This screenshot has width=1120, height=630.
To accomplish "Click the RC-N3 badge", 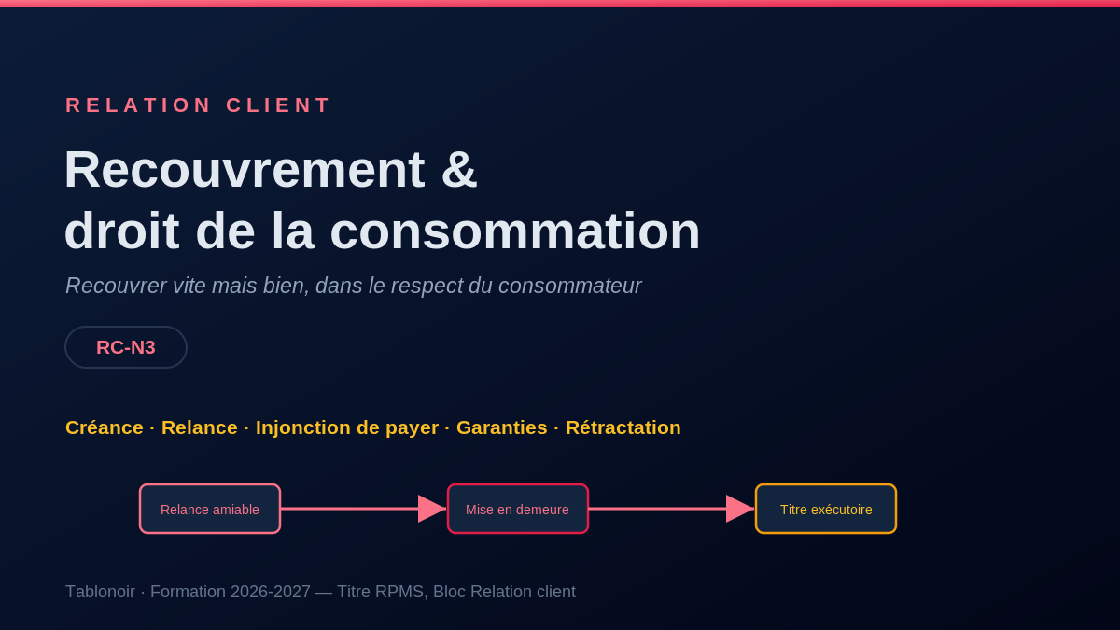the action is [x=126, y=347].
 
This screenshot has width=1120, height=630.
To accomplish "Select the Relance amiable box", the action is [x=210, y=509].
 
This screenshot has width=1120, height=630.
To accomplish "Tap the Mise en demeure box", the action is [x=517, y=509].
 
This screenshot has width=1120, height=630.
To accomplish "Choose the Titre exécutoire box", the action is [x=826, y=509].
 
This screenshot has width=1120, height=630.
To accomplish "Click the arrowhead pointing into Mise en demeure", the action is [x=432, y=509].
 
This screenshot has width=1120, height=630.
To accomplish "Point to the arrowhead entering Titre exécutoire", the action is [x=740, y=509].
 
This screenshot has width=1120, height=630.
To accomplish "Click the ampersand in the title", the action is [x=459, y=170].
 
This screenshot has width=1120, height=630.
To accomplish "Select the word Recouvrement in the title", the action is [x=245, y=170].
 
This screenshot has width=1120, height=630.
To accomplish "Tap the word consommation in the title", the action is [x=515, y=231].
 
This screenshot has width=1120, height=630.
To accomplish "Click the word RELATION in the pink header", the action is [x=138, y=105].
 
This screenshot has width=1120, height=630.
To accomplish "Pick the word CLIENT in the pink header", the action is [x=277, y=105].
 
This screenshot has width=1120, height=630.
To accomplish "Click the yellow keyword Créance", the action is [x=105, y=427].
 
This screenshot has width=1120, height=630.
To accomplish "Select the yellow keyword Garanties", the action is [x=501, y=427].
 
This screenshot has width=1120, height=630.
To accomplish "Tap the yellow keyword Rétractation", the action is [x=623, y=427].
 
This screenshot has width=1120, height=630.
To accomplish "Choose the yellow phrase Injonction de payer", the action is [x=347, y=428].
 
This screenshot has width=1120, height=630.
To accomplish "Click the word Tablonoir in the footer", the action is [x=101, y=592].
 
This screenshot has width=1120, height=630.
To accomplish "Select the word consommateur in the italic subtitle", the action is [x=570, y=286].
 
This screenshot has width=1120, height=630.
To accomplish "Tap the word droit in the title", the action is [x=122, y=231].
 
